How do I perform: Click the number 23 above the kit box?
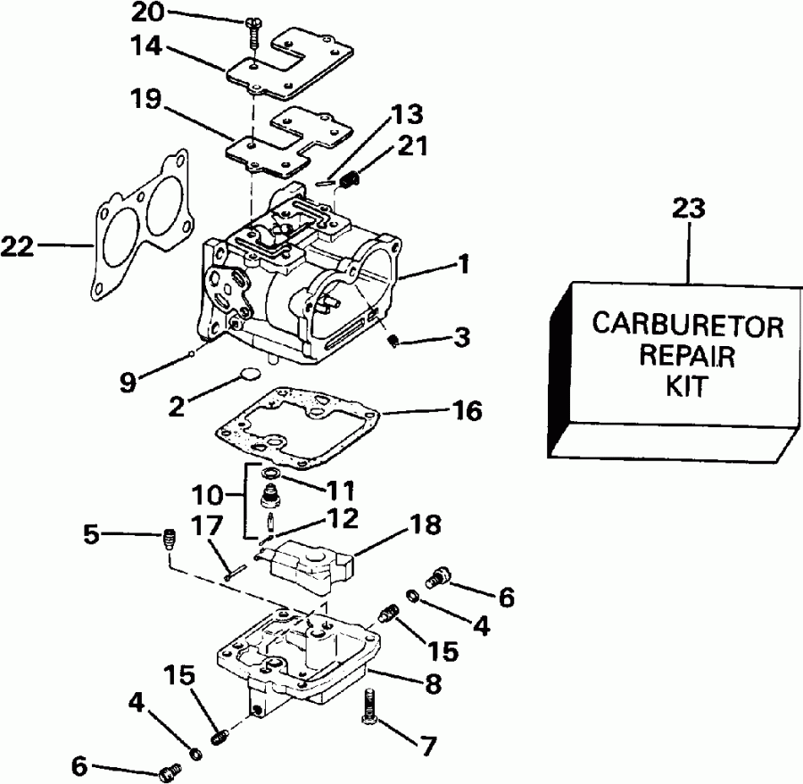[688, 210]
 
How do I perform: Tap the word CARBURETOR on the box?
[688, 326]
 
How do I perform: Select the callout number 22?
[18, 244]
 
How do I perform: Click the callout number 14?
[147, 45]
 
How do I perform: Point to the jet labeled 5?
[168, 539]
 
